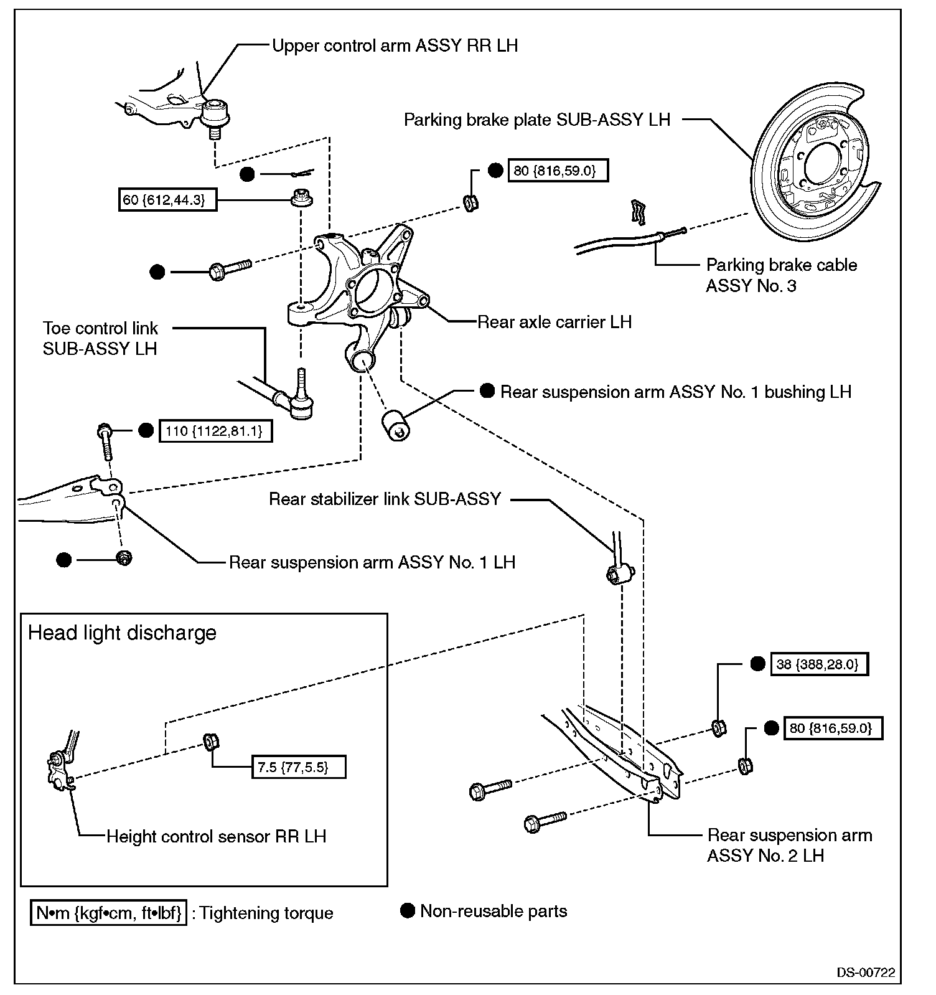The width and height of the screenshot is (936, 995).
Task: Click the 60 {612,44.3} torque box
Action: coord(167,200)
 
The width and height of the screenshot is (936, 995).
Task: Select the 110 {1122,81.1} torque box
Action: coord(215,431)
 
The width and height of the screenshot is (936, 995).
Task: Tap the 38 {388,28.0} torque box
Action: coord(819,664)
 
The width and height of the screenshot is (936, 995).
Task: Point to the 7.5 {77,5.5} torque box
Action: coord(298,767)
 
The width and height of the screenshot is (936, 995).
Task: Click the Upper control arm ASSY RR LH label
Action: coord(395,45)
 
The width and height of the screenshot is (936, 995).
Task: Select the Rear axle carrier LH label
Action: coord(554,322)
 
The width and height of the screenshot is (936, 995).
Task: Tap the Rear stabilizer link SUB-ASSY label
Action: coord(385,499)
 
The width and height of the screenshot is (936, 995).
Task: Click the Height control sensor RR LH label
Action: coord(216,836)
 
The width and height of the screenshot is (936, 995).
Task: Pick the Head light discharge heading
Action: coord(122,633)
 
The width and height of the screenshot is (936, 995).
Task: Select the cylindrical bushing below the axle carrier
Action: coord(395,424)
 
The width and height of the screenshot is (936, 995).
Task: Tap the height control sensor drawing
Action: coord(61,766)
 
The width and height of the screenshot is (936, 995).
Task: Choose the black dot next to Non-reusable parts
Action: coord(407,911)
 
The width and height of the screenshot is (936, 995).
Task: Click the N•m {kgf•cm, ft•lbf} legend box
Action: coord(108,913)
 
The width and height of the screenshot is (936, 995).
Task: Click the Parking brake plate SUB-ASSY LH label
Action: coord(537,120)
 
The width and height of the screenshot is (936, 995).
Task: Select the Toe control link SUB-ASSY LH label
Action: coord(100,338)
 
